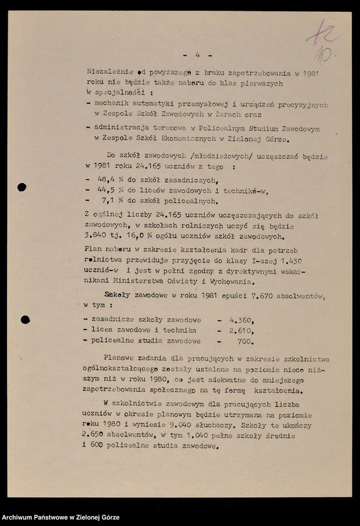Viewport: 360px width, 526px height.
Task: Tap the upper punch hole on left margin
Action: [22, 187]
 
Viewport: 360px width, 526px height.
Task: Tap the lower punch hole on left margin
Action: [25, 319]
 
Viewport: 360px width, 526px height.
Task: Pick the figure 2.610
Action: [240, 330]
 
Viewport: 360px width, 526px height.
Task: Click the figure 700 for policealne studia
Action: [245, 341]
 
